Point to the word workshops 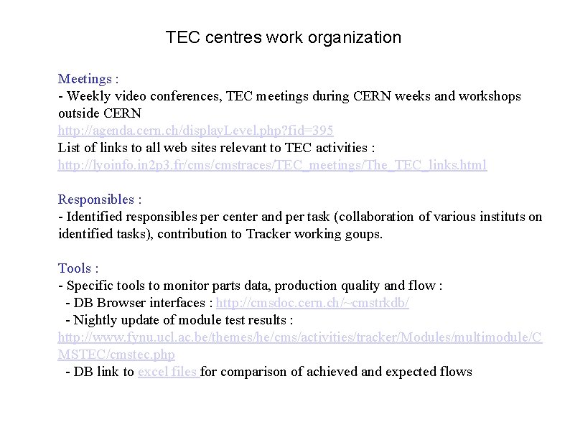coord(490,96)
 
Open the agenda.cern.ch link coord(195,131)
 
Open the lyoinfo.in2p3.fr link coord(272,165)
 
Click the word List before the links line coord(70,148)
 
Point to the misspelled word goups coord(364,234)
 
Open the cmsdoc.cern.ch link coord(312,303)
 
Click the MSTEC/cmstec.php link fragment coord(116,355)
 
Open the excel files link coord(168,372)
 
